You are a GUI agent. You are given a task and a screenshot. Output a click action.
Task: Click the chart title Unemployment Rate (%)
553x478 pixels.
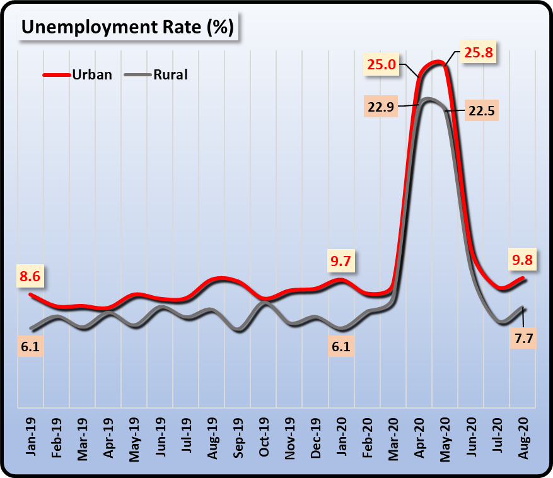tap(128, 27)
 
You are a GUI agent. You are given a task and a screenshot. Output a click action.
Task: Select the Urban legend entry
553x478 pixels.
tap(91, 74)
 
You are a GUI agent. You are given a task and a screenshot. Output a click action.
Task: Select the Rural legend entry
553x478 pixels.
tap(170, 74)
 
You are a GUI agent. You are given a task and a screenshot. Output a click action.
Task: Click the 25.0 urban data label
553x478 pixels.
tap(381, 64)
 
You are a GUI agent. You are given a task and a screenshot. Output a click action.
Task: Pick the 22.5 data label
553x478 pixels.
tap(480, 111)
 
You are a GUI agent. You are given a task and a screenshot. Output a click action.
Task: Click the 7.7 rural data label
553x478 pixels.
tap(523, 339)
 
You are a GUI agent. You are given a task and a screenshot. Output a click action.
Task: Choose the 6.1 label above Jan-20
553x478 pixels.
tap(341, 346)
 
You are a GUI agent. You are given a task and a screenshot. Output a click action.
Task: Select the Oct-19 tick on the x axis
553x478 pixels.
tap(265, 435)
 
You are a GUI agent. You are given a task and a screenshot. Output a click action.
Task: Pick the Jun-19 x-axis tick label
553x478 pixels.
tap(161, 435)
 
